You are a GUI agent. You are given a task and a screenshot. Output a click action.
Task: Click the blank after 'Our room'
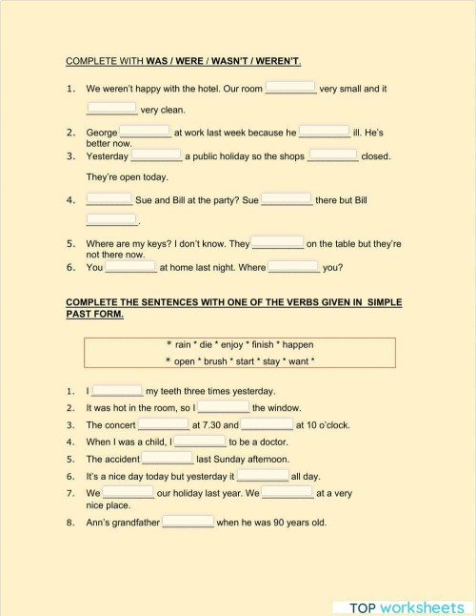coord(290,88)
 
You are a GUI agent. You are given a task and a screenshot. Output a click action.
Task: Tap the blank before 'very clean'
coord(111,109)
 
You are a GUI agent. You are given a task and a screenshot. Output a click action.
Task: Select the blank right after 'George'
coord(145,133)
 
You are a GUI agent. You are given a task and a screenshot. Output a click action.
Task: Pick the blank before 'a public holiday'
coord(156,155)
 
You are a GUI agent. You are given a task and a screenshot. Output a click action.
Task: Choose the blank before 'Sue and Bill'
coord(109,200)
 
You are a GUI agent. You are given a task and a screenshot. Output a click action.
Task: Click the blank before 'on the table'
coord(278,243)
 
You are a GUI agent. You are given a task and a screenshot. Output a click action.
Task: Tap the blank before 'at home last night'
coord(131,267)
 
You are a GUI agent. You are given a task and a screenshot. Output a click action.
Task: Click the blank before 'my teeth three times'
coord(117,390)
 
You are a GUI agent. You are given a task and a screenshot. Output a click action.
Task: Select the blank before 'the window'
coord(224,407)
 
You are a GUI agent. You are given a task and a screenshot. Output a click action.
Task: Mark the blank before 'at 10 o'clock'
coord(267,424)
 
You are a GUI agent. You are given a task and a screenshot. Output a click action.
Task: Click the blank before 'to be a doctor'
coord(200,441)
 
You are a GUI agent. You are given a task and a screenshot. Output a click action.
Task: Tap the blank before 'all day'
coord(263,475)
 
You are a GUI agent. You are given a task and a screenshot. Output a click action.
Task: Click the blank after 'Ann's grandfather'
coord(188,522)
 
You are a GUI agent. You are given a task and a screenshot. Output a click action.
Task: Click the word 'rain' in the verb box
coord(183,344)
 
